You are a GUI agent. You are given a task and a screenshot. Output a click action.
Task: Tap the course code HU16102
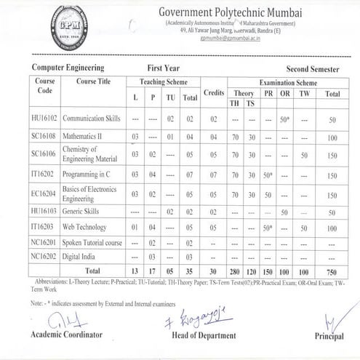44,118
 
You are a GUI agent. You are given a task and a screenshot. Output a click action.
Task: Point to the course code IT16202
43,175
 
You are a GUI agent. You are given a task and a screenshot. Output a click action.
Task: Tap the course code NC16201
44,243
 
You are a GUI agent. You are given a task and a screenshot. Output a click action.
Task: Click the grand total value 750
332,271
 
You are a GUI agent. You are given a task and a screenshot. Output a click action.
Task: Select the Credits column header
214,93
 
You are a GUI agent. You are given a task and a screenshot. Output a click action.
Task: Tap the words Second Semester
314,66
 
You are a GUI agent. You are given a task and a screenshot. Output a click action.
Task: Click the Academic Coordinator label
67,334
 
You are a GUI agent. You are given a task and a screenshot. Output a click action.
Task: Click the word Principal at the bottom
329,336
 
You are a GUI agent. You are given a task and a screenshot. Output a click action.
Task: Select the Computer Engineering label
67,66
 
